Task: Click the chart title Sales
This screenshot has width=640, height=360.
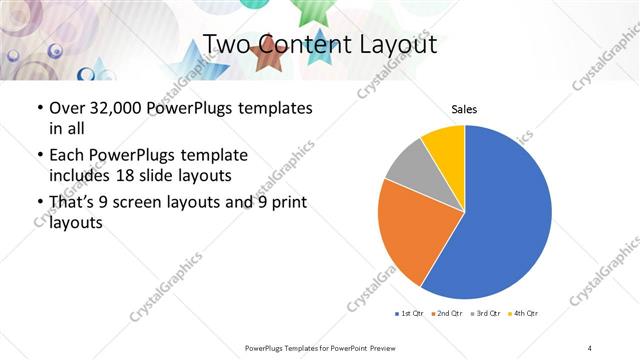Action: tap(464, 108)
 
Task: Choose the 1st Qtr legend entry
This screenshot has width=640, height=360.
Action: tap(408, 314)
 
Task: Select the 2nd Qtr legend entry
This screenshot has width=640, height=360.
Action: tap(445, 314)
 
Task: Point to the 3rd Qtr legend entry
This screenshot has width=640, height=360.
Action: tap(484, 314)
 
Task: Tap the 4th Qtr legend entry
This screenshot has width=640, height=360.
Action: tap(522, 314)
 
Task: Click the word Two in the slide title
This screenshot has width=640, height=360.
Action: tap(225, 44)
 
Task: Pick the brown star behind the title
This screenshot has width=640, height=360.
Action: tap(268, 57)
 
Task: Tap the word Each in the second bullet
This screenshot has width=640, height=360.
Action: tap(67, 155)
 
